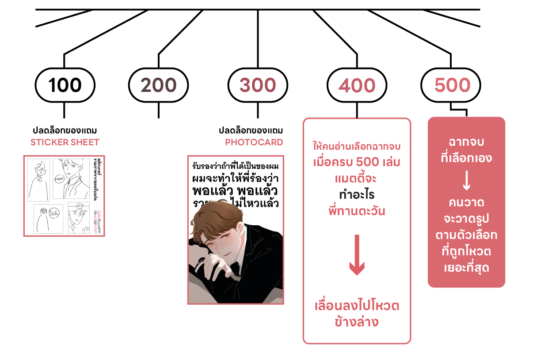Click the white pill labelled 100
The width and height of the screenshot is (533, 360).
pos(65,85)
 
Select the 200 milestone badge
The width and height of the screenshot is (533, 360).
pos(158,85)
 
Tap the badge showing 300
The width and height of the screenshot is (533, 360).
pos(258,85)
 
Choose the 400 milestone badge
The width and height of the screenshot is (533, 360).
pos(357,85)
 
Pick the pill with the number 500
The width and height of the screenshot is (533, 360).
pos(450,85)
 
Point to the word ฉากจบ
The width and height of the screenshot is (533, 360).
pos(466,142)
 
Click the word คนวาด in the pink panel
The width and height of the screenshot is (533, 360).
pos(466,203)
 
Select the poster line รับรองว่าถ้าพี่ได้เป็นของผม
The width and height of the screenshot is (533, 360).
pos(236,167)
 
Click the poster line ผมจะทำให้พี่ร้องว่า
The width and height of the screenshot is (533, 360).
pos(236,179)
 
